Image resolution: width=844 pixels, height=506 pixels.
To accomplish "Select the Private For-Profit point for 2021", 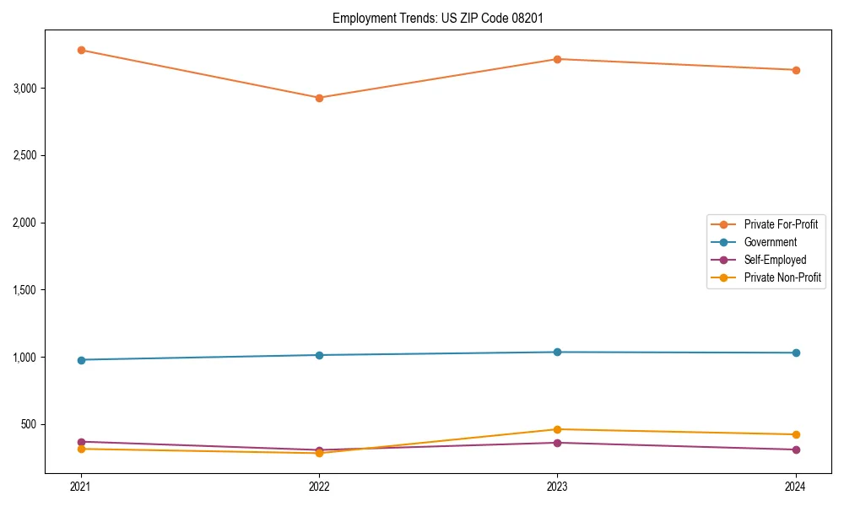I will coord(81,50).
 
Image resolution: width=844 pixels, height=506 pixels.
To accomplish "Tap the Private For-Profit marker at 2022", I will coord(319,98).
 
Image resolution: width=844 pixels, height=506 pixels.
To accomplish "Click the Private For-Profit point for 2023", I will coord(557,59).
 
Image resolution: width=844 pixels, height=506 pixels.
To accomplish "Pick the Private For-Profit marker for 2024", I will coord(795,70).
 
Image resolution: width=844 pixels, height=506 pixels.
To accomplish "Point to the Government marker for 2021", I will coord(81,360).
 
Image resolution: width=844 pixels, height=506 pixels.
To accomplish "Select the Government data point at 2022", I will coord(319,355).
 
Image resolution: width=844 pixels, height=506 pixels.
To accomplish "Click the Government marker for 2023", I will coord(557,352).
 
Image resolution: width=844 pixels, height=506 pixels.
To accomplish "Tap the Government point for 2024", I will coord(795,353).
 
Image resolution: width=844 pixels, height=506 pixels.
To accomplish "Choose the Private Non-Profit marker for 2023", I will coord(557,429).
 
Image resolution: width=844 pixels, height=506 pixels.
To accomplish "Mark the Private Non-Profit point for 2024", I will coord(795,434).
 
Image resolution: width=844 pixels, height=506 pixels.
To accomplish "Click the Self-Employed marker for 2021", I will coord(81,442).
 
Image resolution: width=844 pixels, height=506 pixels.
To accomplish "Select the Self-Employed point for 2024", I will coord(795,449).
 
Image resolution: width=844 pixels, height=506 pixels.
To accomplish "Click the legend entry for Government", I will coord(770,242).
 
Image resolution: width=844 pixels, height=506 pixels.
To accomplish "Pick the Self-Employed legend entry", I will coord(775,260).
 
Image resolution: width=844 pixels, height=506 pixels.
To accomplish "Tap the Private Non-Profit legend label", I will coord(782,277).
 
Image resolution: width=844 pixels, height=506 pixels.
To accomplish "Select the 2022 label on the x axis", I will coord(319,487).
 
